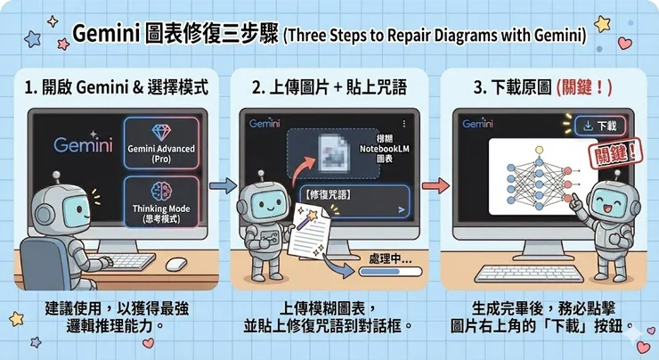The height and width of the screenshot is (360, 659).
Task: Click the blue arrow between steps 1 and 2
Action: (x=220, y=186)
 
